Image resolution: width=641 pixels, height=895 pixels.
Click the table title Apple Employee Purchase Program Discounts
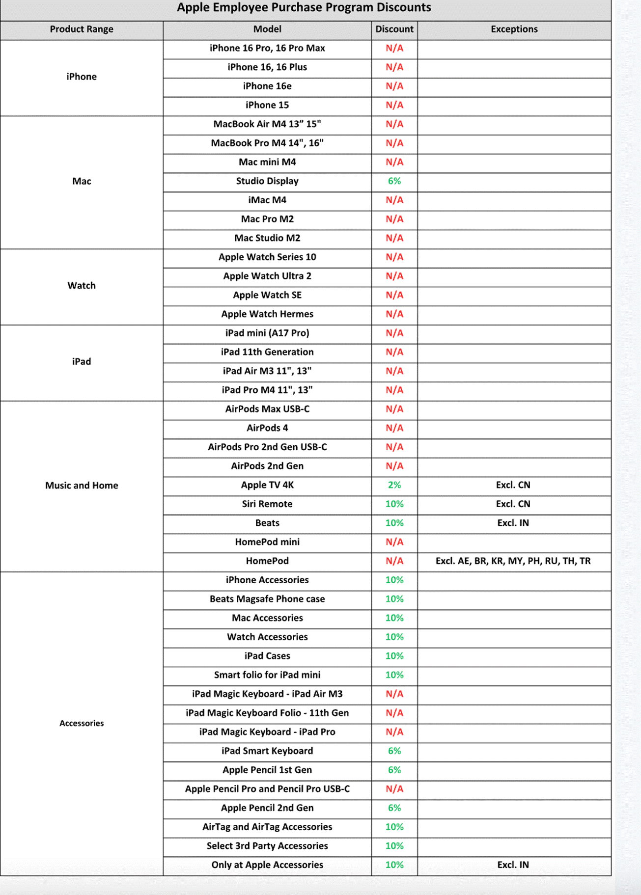point(304,8)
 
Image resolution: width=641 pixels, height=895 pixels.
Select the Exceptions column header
point(514,29)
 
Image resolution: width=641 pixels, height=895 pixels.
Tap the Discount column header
point(394,29)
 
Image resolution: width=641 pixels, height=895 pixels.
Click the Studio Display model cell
point(267,181)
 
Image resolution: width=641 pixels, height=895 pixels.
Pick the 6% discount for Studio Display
point(394,181)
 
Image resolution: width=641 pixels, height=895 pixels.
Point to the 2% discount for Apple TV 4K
point(394,485)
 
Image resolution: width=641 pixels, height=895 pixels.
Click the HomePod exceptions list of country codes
point(513,561)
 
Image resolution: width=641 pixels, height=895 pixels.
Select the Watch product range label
point(82,286)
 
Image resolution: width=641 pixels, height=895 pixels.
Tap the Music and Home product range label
point(82,486)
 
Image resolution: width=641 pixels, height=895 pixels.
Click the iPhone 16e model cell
point(267,86)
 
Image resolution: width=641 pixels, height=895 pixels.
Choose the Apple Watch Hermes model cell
point(267,314)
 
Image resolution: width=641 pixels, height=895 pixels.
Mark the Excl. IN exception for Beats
point(513,523)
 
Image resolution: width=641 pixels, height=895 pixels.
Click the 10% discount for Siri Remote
point(394,504)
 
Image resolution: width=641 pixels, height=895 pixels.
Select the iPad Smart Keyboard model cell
point(267,751)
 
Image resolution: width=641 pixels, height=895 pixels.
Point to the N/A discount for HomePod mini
point(394,542)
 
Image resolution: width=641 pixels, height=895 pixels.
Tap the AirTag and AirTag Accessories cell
point(267,827)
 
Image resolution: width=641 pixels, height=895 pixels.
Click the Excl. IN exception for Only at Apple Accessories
point(513,865)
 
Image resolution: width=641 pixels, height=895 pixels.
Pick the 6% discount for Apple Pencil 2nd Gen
point(394,808)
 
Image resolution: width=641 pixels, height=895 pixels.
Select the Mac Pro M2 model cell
point(267,219)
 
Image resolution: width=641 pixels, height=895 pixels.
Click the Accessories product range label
point(82,723)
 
